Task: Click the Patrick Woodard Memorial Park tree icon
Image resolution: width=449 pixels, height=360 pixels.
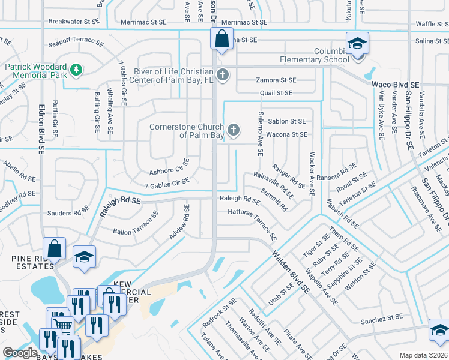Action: [x=76, y=70]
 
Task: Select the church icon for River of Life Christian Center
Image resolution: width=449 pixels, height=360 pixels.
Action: [x=223, y=75]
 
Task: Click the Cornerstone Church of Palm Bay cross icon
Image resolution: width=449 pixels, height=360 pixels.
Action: [x=234, y=129]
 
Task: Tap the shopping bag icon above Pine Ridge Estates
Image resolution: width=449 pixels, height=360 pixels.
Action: [x=54, y=247]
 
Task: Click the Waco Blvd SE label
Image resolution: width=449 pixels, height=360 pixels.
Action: [x=394, y=85]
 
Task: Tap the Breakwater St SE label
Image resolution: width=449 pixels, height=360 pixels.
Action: [x=73, y=21]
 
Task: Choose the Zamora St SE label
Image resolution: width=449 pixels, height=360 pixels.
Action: [x=276, y=80]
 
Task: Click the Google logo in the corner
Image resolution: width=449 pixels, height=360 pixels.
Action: [x=20, y=353]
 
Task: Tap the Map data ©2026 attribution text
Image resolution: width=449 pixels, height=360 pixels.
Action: [x=423, y=355]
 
